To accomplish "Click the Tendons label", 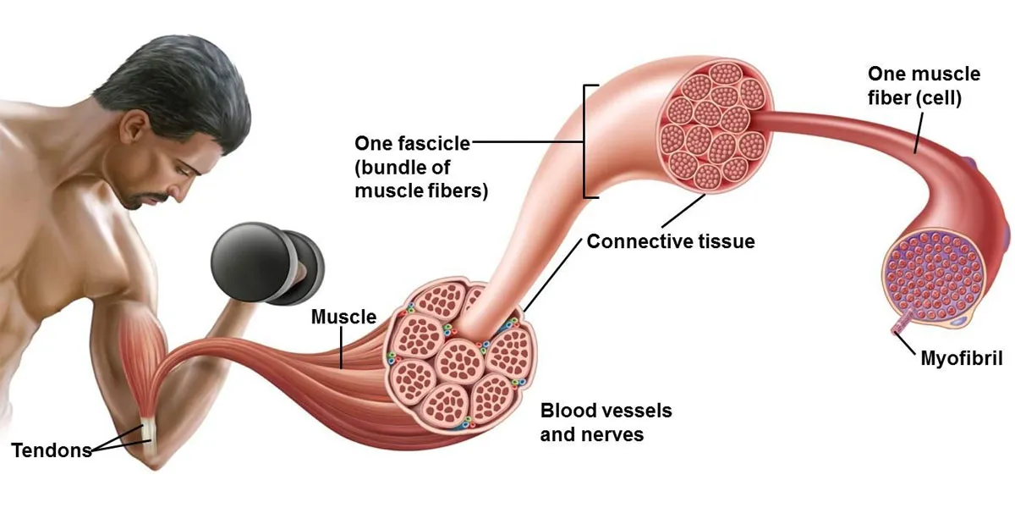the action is pos(52,450).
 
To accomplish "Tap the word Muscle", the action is pos(344,317).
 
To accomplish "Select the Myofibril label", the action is pos(962,359).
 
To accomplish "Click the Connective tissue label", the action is pos(671,241).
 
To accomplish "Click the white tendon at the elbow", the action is pos(149,439).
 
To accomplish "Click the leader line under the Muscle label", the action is pos(341,348).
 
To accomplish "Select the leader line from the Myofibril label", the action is pos(906,345).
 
